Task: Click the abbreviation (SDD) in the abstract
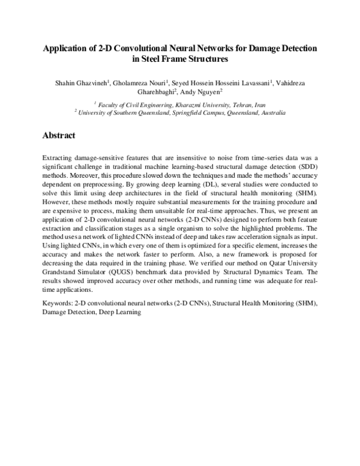(x=306, y=165)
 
